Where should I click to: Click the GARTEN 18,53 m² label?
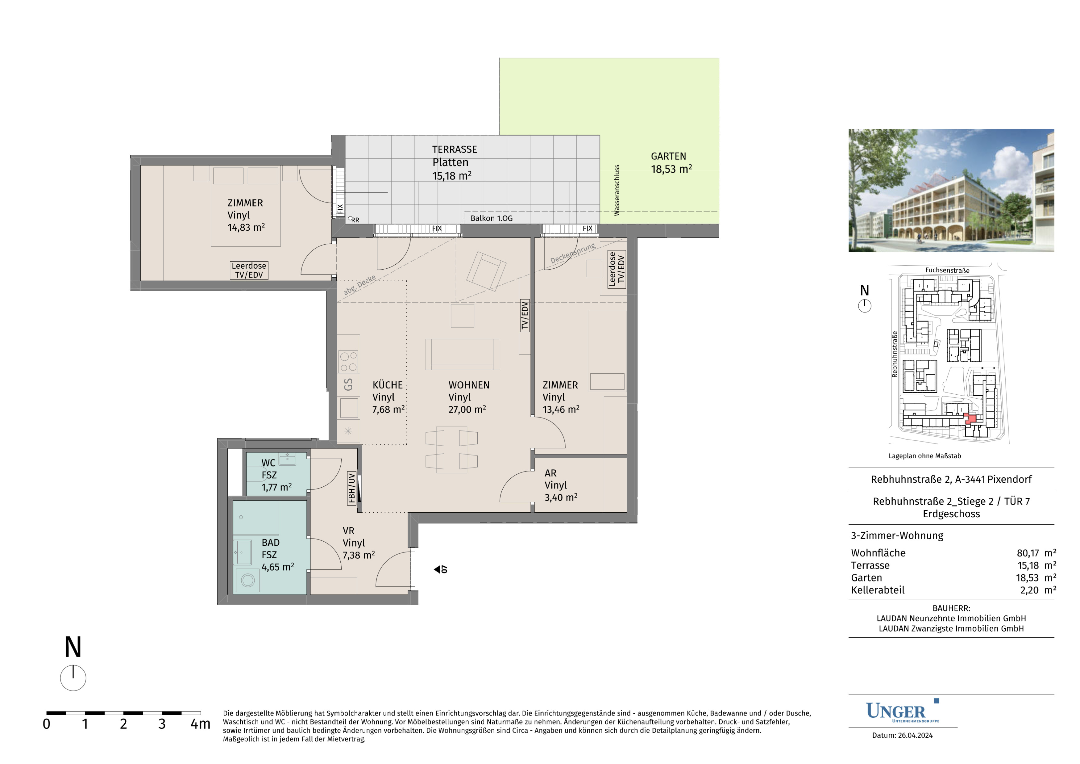[x=671, y=163]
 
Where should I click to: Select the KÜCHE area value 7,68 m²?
[x=388, y=409]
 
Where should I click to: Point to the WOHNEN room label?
[x=469, y=385]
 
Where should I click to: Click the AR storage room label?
[x=550, y=473]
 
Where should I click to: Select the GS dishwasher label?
[x=348, y=384]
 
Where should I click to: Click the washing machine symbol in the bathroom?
[x=248, y=580]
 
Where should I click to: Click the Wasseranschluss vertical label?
[x=617, y=190]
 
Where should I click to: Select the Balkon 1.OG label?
[x=492, y=218]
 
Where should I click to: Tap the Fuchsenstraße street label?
[x=947, y=270]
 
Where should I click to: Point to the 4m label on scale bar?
[x=200, y=724]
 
